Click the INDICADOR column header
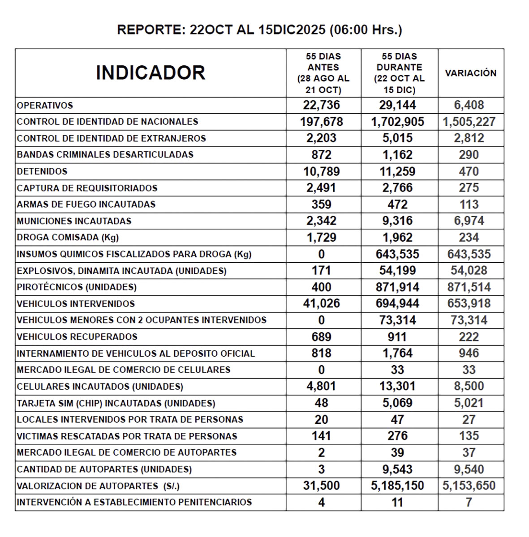[151, 72]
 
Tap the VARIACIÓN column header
[470, 73]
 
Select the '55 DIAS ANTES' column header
[323, 73]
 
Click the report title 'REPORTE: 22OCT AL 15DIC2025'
[259, 30]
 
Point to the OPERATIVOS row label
[45, 106]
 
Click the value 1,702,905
[397, 122]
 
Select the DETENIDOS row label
[42, 171]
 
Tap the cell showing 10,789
[321, 171]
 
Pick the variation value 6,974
[469, 221]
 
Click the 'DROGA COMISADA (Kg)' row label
[68, 237]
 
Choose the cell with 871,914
[397, 287]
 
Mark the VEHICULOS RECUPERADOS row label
[77, 337]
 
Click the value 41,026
[321, 303]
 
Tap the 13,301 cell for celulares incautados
[397, 386]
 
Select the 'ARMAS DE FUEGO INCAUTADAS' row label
[86, 205]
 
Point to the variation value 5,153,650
[469, 486]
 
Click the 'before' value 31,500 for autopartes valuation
[321, 486]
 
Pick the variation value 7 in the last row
[469, 502]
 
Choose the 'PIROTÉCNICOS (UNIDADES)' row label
[77, 287]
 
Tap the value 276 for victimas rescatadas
[397, 436]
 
